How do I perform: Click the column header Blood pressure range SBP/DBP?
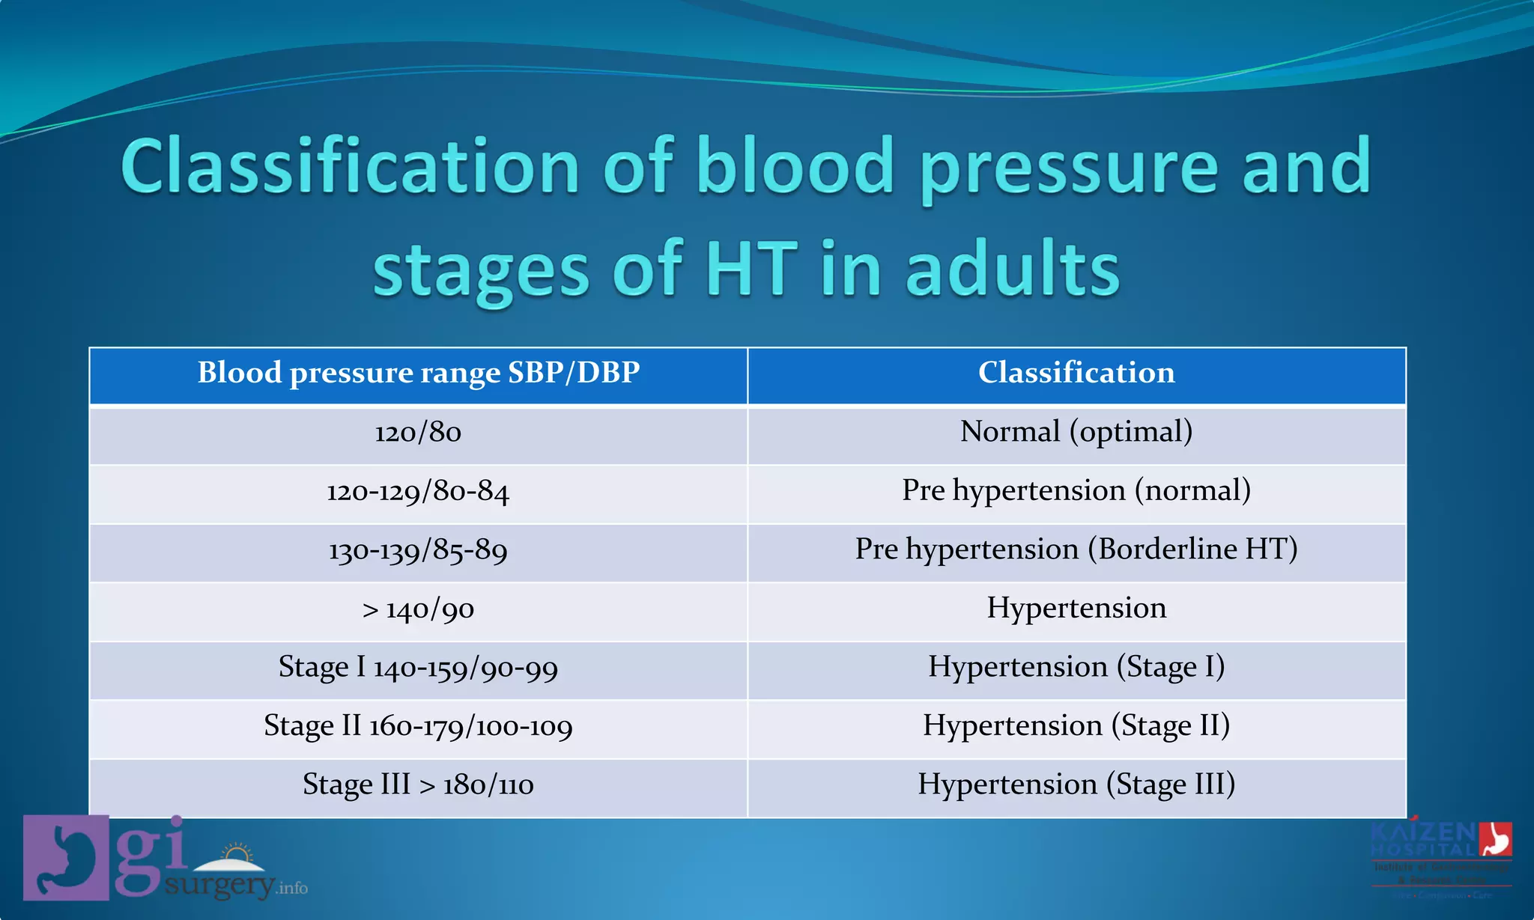[418, 374]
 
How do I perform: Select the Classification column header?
[1076, 374]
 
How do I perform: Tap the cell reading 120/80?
[418, 433]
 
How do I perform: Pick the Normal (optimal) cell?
[1076, 432]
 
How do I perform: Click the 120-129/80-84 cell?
[418, 492]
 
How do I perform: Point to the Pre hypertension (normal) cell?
[1076, 491]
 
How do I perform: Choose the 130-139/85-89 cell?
[418, 551]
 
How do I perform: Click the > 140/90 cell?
[418, 609]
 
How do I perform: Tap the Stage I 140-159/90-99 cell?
[418, 668]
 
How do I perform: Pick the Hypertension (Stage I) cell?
[1076, 667]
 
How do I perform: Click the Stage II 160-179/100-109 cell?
[418, 726]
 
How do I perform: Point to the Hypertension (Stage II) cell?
[1076, 726]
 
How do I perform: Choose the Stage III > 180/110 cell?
[418, 785]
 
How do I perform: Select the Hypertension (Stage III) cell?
[1076, 785]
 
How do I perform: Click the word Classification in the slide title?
[350, 166]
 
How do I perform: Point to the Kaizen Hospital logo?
[1441, 857]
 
